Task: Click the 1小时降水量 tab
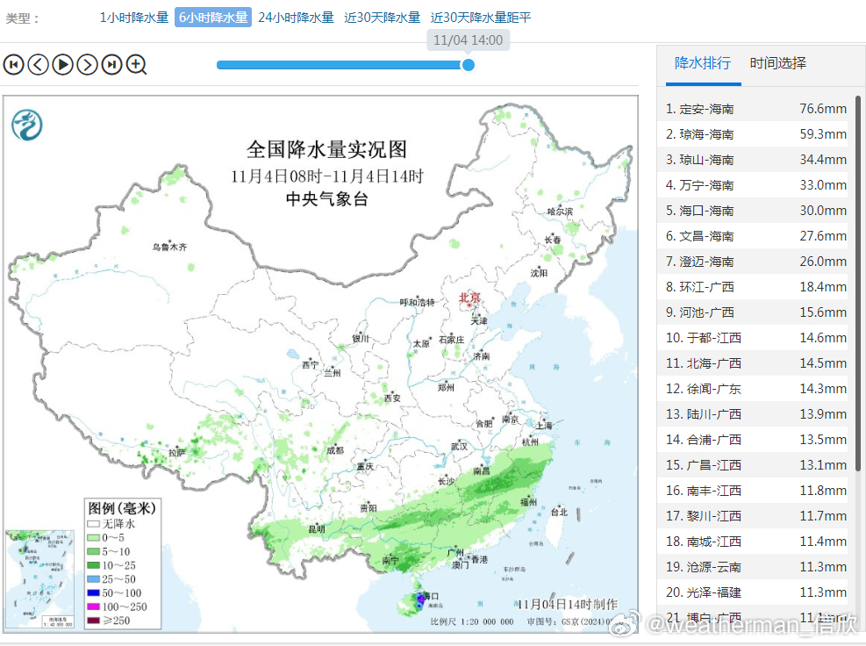133,18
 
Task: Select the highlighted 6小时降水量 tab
213,18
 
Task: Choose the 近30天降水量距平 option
481,18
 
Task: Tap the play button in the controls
62,64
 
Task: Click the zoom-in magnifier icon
136,64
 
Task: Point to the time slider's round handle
469,64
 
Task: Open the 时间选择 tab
777,63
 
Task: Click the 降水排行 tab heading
702,63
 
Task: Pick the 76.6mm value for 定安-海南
822,109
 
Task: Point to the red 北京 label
470,298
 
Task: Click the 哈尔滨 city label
559,212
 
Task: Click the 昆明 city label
316,529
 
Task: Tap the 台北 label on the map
558,512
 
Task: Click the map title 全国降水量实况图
326,149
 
